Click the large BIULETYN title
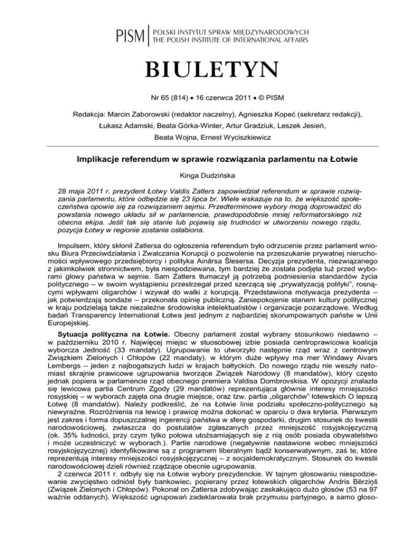(208, 70)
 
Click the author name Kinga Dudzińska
(208, 176)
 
